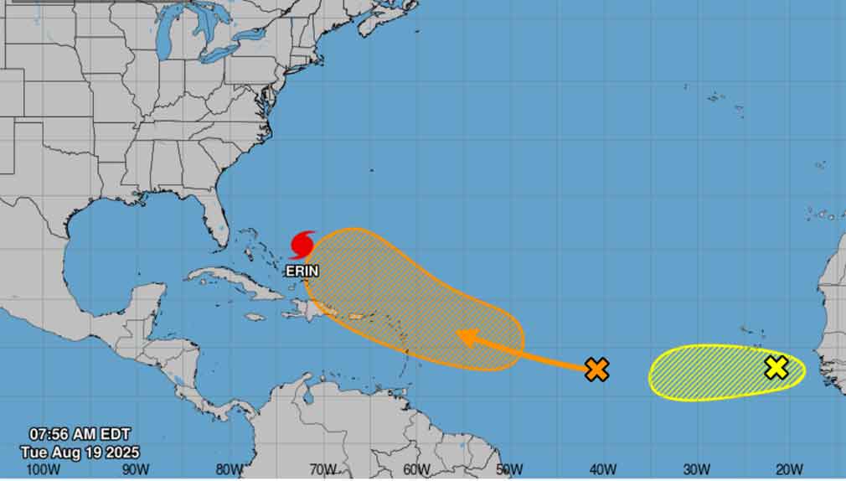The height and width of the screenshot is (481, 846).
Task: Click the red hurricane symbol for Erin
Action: pos(302,245)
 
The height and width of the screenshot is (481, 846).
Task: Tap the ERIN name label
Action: pos(302,272)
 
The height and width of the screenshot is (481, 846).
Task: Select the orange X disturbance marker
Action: pos(596,369)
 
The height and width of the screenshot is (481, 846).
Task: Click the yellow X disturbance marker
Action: pos(776,367)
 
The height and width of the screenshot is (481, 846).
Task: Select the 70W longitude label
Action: pos(322,468)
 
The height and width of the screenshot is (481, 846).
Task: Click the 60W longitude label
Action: pos(416,468)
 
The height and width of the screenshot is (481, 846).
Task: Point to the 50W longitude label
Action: pos(509,468)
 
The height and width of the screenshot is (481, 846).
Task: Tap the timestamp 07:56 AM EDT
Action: pos(80,435)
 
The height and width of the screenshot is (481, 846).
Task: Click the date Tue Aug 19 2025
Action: pos(80,452)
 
